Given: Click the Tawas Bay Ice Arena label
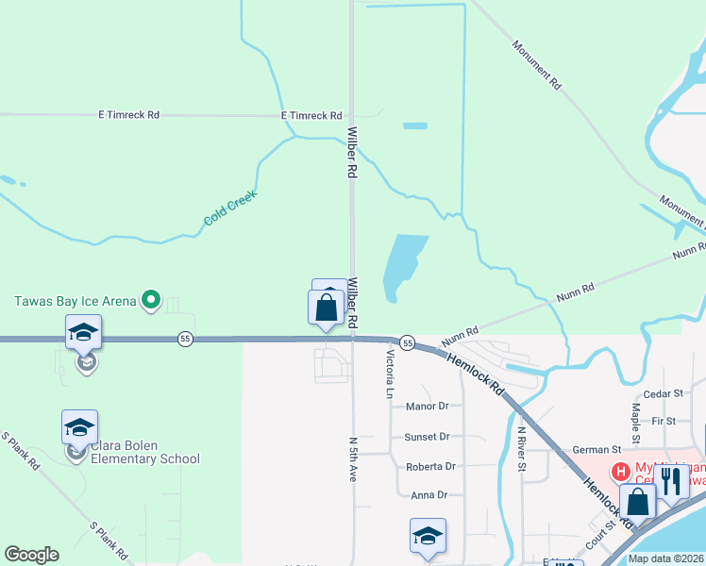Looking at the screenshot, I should tap(75, 302).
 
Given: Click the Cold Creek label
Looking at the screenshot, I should tap(230, 208).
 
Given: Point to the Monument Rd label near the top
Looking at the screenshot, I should tap(537, 64).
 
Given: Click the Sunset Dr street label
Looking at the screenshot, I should tap(428, 437).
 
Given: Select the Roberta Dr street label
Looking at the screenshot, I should tap(430, 467).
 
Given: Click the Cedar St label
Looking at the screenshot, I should tap(663, 392).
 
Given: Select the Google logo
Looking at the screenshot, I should tap(31, 555).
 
